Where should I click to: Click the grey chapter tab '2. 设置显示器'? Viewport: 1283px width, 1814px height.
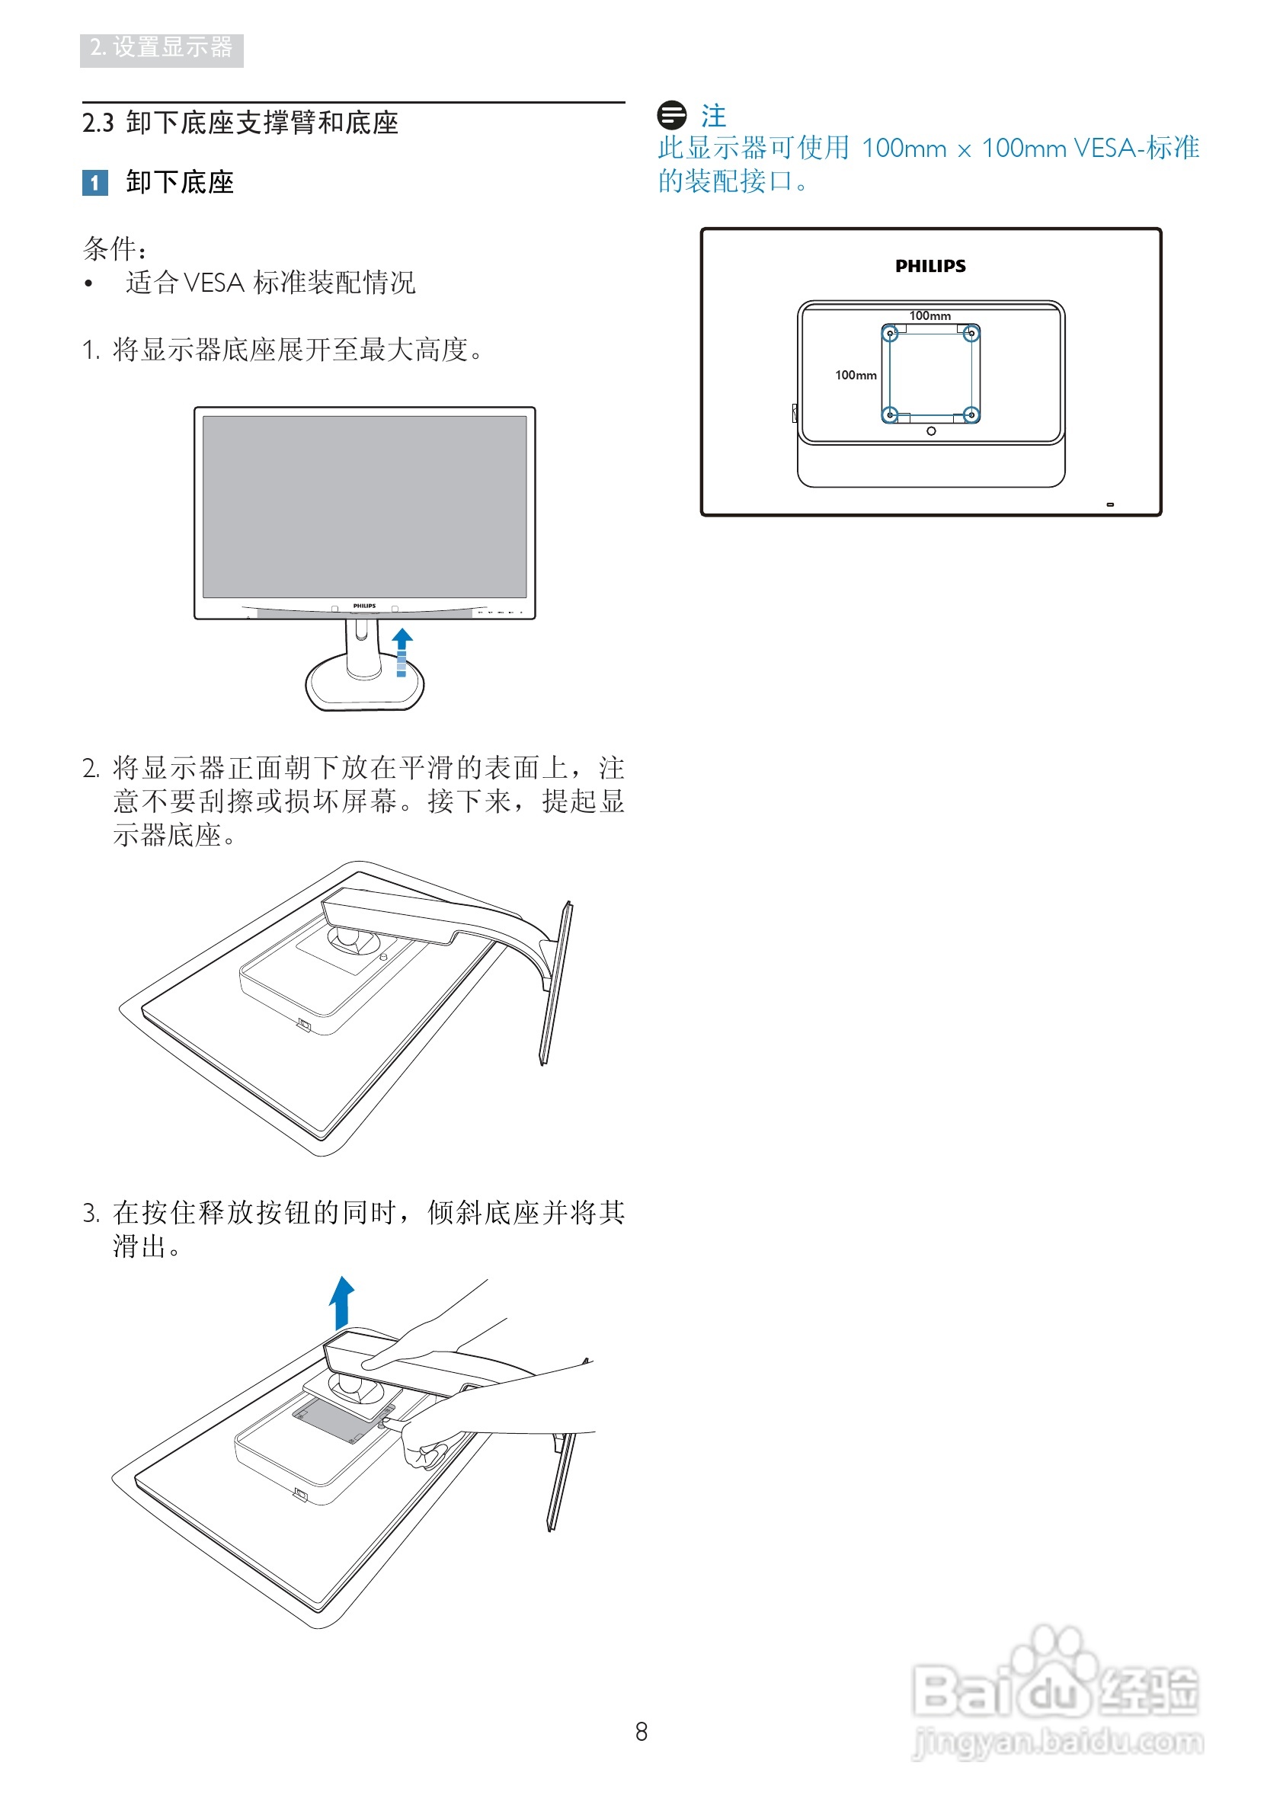tap(162, 49)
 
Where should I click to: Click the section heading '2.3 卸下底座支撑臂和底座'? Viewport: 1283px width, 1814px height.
tap(240, 123)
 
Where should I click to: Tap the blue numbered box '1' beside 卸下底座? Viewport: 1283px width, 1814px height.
tap(94, 184)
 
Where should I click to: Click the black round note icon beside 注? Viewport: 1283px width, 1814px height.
tap(671, 115)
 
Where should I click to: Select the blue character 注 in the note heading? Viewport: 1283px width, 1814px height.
tap(713, 116)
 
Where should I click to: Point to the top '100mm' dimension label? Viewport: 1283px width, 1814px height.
tap(929, 316)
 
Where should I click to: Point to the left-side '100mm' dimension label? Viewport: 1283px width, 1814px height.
tap(856, 376)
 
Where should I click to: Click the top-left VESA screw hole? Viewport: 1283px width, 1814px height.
tap(891, 334)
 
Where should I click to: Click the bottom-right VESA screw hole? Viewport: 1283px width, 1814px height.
tap(971, 414)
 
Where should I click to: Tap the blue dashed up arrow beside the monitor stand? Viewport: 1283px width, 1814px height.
tap(402, 652)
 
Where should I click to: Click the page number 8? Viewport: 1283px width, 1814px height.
tap(641, 1732)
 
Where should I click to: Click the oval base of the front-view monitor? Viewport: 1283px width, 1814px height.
tap(364, 691)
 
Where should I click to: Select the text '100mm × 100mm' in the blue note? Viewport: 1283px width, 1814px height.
tap(964, 149)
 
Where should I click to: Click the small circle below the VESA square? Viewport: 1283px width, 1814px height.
tap(931, 431)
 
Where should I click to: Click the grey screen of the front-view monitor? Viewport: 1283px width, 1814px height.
tap(364, 507)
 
